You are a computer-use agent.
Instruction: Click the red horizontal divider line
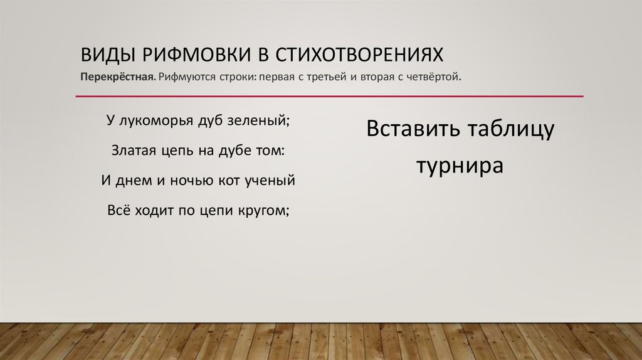coord(329,97)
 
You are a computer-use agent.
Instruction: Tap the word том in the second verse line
coord(271,151)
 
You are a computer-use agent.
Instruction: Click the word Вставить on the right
coord(413,130)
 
